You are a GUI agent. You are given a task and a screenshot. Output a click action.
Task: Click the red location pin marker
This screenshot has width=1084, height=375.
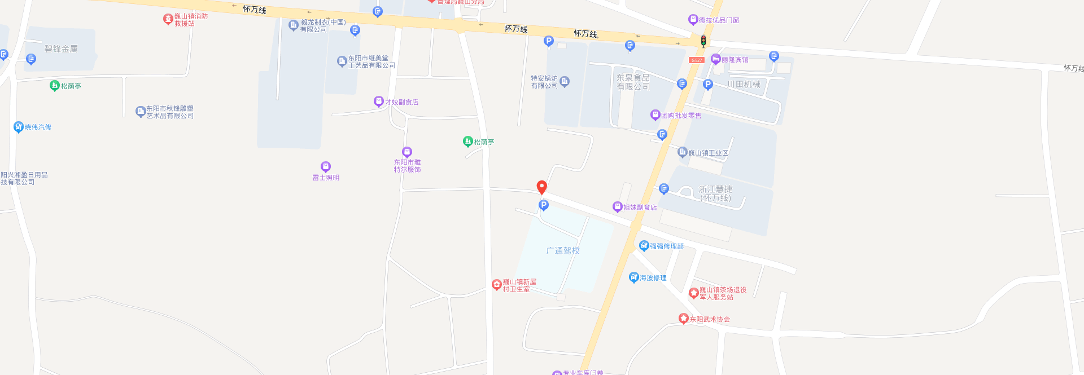tap(541, 187)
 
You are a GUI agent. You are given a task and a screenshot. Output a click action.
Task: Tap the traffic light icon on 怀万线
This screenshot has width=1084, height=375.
tap(703, 41)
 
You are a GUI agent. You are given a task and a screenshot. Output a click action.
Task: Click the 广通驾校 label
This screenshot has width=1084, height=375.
tap(563, 251)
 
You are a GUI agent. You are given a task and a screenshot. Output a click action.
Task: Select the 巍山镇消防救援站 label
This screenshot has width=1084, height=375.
tap(191, 20)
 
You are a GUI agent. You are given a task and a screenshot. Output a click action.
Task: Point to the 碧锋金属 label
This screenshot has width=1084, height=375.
tap(62, 49)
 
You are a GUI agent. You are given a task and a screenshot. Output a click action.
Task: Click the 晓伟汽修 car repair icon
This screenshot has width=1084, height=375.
tap(19, 127)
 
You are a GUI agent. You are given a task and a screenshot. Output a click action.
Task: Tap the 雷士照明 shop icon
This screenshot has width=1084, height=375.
tap(326, 166)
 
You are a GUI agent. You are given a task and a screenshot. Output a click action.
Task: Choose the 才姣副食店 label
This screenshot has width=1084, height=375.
tap(402, 102)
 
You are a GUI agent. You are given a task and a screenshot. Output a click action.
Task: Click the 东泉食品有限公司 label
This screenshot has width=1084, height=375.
tap(633, 82)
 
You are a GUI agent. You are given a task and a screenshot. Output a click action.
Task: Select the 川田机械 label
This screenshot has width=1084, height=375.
tap(744, 85)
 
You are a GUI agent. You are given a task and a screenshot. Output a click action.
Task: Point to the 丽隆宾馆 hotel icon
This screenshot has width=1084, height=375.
tap(715, 59)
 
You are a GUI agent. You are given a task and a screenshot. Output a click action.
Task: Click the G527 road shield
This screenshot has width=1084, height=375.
tap(696, 60)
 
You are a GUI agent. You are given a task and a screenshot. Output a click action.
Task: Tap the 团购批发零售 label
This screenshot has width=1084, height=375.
tap(681, 116)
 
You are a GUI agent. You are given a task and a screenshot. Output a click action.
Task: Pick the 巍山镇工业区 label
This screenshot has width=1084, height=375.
tap(709, 153)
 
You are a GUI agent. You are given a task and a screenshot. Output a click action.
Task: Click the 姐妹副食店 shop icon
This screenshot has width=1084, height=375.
tap(617, 207)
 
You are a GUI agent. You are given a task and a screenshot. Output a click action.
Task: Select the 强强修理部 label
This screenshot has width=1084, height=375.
tap(667, 246)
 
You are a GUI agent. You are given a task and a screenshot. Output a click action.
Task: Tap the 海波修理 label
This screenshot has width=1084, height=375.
tap(653, 278)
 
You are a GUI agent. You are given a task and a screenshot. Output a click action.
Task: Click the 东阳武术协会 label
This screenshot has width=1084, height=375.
tap(710, 319)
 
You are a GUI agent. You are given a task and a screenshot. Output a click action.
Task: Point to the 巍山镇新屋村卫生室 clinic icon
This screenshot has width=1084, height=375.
tap(497, 285)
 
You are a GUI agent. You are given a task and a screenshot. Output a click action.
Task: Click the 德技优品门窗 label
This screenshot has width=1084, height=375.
tap(719, 20)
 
